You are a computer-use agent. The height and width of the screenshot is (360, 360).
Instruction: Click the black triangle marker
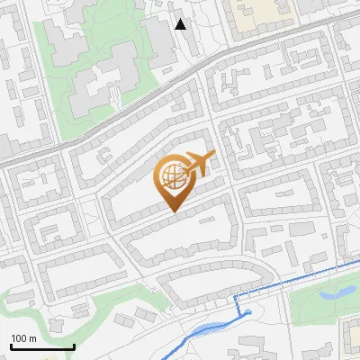[x=181, y=24]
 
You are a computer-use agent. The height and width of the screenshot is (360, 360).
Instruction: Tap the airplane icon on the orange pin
[x=197, y=163]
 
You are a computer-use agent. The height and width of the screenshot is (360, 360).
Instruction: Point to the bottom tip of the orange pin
[x=172, y=211]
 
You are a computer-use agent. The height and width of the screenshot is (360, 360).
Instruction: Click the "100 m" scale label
[x=23, y=338]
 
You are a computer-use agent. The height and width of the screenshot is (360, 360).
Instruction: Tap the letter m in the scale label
[x=32, y=338]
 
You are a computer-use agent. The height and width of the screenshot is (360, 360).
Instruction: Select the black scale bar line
[x=42, y=346]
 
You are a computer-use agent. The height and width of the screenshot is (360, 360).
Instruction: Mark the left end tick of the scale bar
[x=11, y=345]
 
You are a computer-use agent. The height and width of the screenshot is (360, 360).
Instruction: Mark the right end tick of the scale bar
[x=74, y=345]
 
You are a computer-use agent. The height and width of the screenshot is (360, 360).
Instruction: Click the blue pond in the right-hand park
[x=337, y=291]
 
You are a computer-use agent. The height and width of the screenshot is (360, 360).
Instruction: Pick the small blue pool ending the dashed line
[x=245, y=314]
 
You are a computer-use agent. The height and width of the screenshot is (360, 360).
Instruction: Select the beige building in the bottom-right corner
[x=351, y=338]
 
